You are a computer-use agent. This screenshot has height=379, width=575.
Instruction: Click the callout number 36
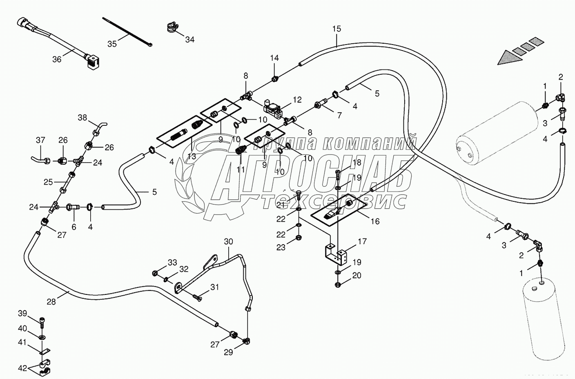57,59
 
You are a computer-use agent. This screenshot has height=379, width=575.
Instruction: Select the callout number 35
112,43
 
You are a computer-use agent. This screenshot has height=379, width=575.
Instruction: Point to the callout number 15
337,29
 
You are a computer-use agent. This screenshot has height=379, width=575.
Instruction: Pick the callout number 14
274,58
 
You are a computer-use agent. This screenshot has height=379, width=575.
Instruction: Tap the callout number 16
374,221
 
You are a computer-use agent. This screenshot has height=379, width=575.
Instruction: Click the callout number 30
228,242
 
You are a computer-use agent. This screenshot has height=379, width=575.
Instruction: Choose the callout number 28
51,302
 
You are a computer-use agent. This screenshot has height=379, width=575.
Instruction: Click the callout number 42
23,368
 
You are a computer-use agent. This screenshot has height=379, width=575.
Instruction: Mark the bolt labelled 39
42,321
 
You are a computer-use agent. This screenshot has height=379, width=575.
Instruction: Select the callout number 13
192,157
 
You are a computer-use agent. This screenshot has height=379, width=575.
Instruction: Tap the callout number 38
82,118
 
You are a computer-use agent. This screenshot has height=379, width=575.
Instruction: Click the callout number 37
40,140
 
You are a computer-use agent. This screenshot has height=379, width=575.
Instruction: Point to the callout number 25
49,182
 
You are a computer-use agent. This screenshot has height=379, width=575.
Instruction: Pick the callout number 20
357,276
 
